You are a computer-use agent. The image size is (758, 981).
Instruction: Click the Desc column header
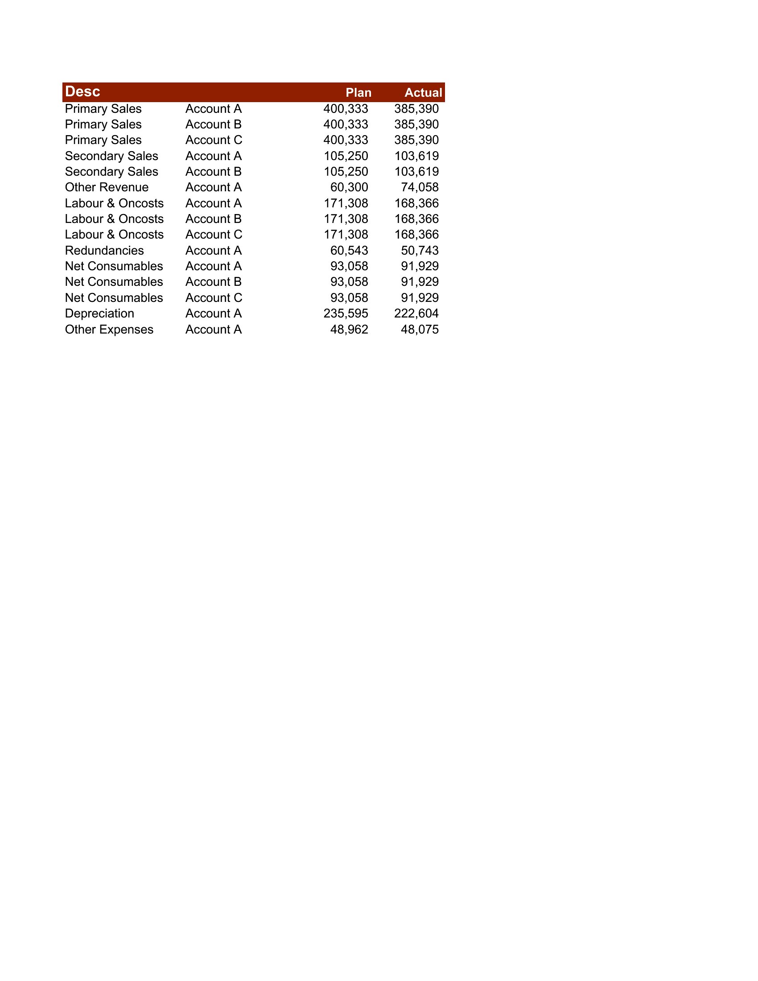[82, 91]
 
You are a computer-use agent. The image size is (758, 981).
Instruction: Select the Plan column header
[358, 93]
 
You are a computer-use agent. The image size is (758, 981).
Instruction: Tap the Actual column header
[423, 93]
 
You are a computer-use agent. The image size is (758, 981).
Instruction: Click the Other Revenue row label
[107, 187]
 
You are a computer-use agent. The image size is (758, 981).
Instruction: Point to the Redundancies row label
[104, 251]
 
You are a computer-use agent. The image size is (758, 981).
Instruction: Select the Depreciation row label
[99, 313]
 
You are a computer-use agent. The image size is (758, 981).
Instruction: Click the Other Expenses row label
[109, 330]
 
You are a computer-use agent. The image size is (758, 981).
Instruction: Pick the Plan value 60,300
[349, 187]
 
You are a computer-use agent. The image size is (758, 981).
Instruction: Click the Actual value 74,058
[420, 187]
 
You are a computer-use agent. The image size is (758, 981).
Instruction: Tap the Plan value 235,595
[345, 313]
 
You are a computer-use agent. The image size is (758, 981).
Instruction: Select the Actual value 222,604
[416, 313]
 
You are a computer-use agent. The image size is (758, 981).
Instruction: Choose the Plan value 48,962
[349, 330]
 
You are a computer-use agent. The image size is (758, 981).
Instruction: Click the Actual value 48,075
[420, 330]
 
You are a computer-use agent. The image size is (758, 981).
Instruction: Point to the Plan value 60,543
[349, 251]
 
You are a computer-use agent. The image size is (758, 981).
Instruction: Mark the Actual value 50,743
[420, 251]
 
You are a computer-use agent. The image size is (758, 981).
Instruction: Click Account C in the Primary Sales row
[214, 140]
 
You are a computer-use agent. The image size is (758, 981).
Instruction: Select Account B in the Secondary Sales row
[213, 172]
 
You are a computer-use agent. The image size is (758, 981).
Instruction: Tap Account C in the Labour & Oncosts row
[214, 235]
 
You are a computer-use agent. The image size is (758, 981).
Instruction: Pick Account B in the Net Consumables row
[213, 282]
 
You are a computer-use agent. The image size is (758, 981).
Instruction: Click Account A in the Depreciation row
[213, 313]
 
